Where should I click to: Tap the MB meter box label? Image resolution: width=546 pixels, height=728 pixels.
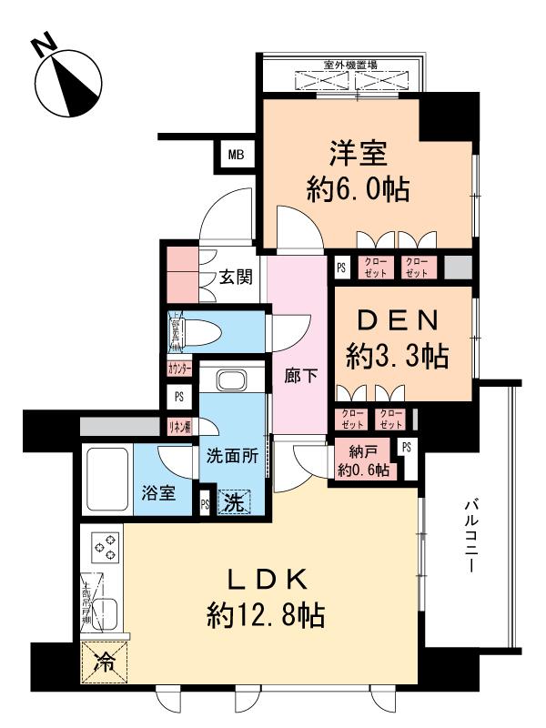(236, 156)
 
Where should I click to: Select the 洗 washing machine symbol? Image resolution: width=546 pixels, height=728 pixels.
(233, 500)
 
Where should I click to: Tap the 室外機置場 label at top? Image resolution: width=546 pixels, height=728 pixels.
(350, 66)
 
